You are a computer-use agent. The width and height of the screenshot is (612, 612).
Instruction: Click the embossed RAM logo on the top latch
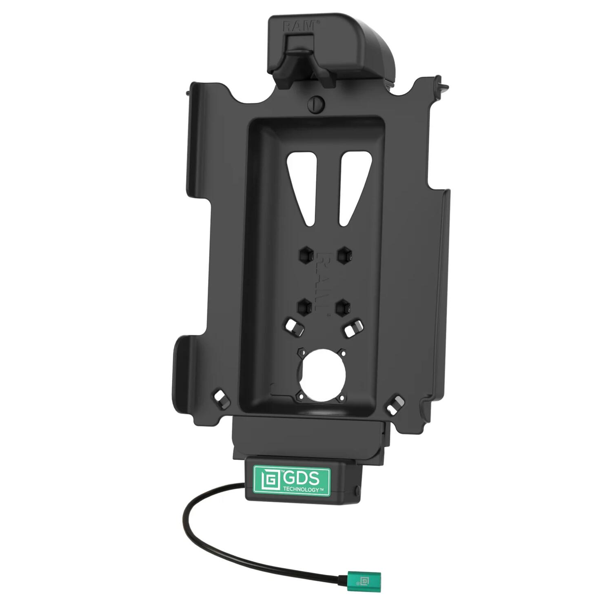pyautogui.click(x=299, y=25)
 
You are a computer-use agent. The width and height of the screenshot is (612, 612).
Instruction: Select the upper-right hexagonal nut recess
pyautogui.click(x=344, y=255)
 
